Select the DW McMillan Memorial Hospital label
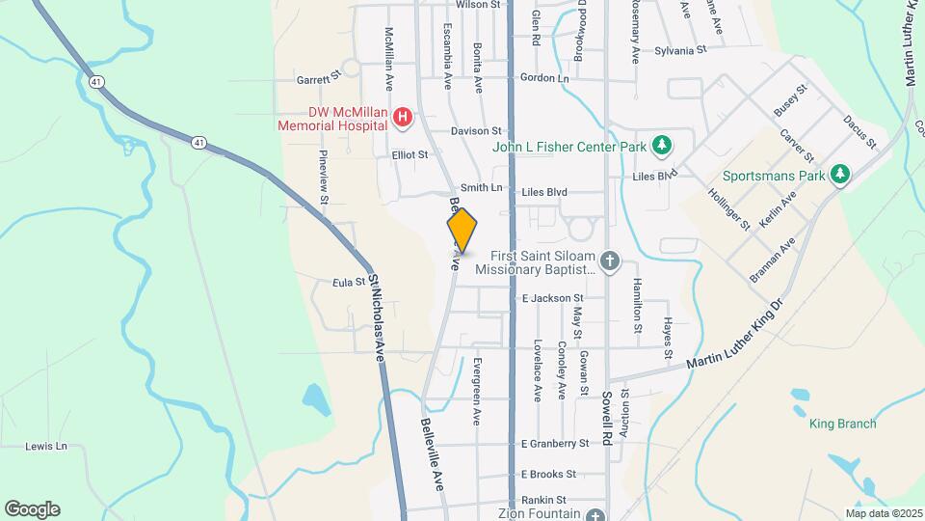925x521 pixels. tap(333, 119)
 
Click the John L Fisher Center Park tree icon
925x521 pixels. tap(661, 146)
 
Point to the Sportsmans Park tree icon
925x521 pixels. tap(841, 175)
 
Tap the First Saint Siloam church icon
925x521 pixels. tap(609, 260)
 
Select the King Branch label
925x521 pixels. tap(842, 424)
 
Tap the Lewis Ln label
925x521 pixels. tap(47, 446)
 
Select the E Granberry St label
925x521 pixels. tap(554, 444)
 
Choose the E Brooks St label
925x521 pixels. tap(548, 474)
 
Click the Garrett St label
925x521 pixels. tap(319, 77)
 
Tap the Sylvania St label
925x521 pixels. tap(680, 50)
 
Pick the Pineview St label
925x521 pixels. tap(325, 177)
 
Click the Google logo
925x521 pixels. tap(32, 509)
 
